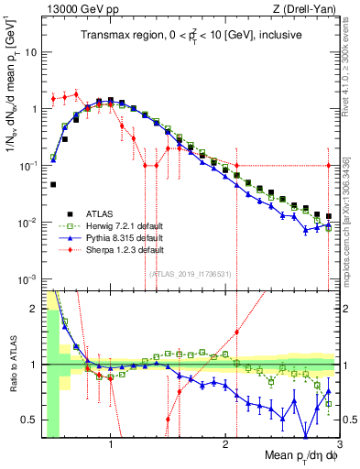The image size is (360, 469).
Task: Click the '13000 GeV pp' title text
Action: [80, 8]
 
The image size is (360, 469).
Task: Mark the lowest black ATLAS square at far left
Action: [53, 184]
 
